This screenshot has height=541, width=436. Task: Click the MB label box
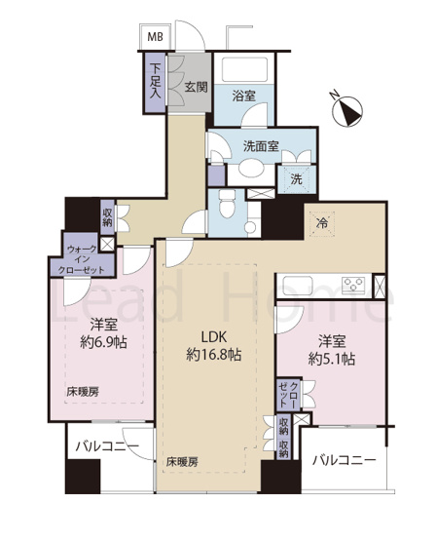tap(155, 37)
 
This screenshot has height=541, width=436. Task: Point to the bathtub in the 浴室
tap(243, 72)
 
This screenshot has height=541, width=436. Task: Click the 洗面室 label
tap(261, 146)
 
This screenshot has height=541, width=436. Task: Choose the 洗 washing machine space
tap(295, 178)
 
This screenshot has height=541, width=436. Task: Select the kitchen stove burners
tap(351, 286)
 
